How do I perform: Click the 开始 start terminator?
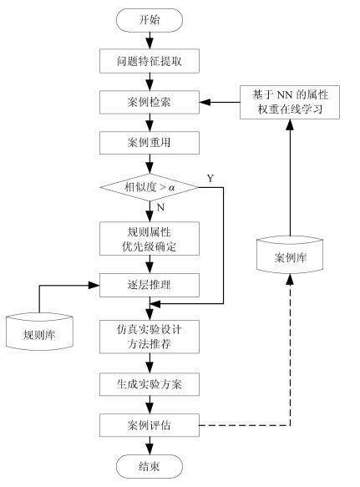click(149, 20)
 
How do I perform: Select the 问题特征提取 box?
click(150, 61)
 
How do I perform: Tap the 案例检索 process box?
click(150, 102)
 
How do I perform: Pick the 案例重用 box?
click(150, 143)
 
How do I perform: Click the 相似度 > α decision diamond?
click(150, 187)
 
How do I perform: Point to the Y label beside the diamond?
click(210, 178)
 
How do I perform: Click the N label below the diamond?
click(160, 207)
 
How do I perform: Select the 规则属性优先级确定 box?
click(150, 239)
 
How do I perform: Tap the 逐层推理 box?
click(150, 285)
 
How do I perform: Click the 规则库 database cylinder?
click(39, 332)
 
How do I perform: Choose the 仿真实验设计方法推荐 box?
click(150, 337)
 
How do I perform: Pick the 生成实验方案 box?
click(150, 384)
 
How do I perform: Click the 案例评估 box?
click(150, 425)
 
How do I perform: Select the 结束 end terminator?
click(150, 466)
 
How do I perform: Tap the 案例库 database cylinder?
click(290, 255)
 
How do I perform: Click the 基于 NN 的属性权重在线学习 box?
click(290, 102)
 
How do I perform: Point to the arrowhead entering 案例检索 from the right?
click(205, 102)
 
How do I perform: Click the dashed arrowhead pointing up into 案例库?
click(290, 280)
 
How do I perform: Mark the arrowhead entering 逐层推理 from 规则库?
click(94, 285)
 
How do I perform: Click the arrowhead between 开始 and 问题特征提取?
click(150, 43)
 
